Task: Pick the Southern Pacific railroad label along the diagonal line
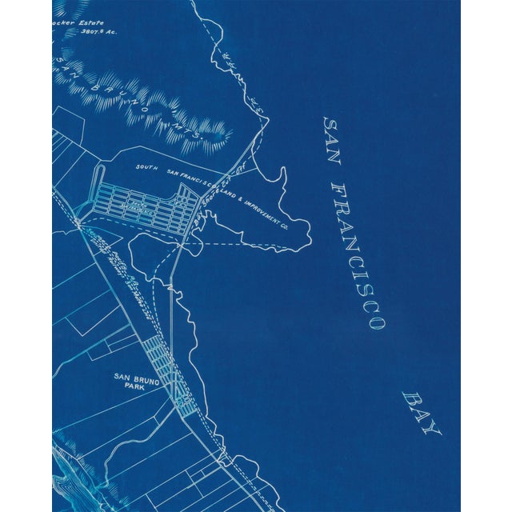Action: click(124, 264)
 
